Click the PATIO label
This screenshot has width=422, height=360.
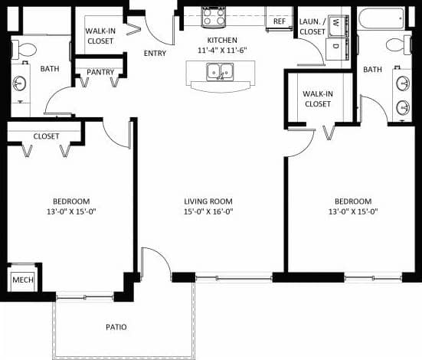point(116,326)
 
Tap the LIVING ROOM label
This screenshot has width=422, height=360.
point(208,201)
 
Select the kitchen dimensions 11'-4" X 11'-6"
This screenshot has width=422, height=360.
point(223,50)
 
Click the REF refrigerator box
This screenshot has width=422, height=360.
point(279,21)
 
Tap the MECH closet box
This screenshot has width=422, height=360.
point(22,281)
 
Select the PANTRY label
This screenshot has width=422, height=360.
point(100,73)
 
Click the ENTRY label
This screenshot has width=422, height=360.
point(155,53)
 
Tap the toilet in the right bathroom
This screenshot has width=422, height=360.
point(395,44)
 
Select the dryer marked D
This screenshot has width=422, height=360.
point(335,44)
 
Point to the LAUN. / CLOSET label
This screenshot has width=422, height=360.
point(312,28)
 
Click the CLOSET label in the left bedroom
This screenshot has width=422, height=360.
point(47,136)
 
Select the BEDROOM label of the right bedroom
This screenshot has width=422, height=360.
point(353,201)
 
